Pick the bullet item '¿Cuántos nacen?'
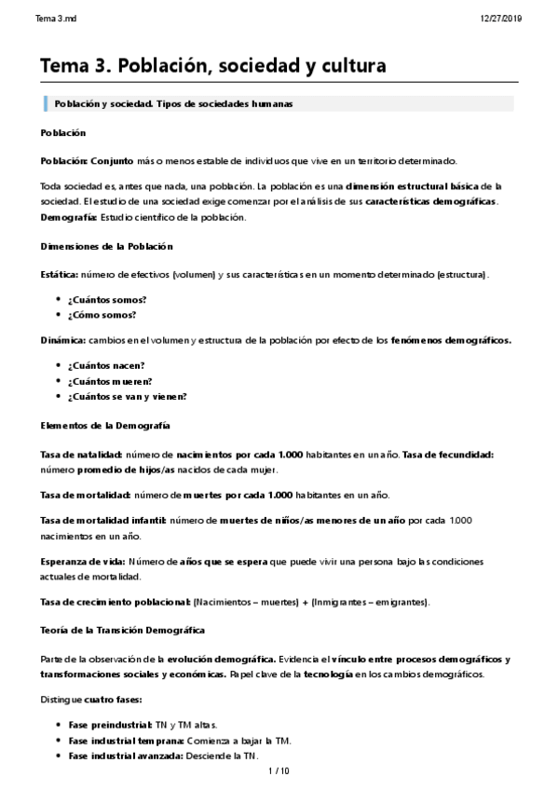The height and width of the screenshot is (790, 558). tap(105, 366)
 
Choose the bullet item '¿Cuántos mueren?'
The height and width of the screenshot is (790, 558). tap(109, 381)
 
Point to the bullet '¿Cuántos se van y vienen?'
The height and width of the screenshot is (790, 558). tap(127, 396)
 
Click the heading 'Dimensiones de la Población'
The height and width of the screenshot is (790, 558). tap(107, 246)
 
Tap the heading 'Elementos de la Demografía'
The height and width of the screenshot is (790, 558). tap(105, 425)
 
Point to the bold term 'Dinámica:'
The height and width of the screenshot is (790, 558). tap(63, 340)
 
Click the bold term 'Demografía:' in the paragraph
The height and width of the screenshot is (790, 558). tap(70, 216)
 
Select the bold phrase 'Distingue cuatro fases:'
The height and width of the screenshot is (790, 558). tap(92, 700)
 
